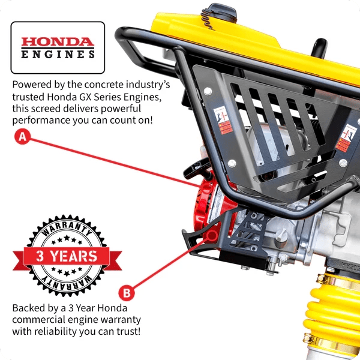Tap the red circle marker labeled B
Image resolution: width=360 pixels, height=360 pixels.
127,293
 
